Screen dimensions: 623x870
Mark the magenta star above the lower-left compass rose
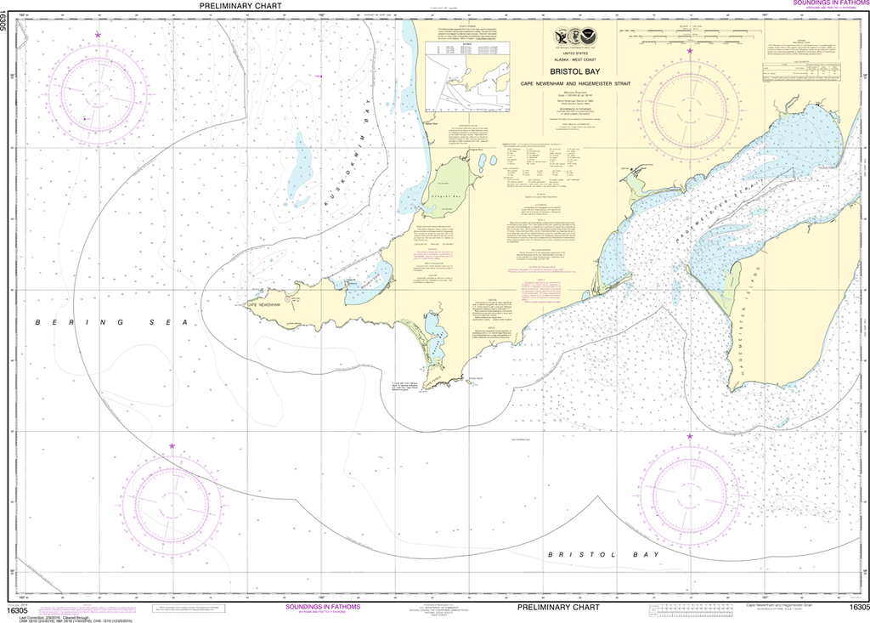click(172, 445)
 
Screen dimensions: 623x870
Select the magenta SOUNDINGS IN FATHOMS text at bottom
click(322, 607)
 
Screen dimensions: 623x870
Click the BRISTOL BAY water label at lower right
click(603, 554)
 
